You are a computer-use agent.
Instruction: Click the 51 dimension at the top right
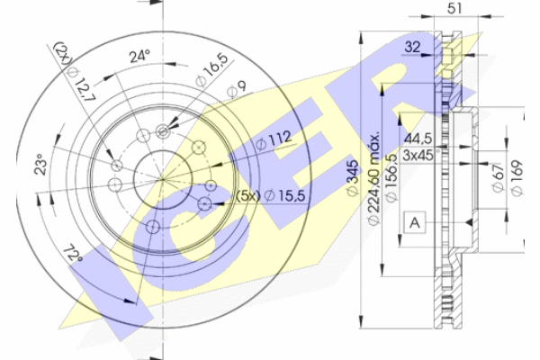click(x=454, y=7)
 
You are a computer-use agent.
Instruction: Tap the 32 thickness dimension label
click(x=412, y=47)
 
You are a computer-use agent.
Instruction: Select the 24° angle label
click(x=139, y=56)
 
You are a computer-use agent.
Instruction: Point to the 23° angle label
click(x=41, y=164)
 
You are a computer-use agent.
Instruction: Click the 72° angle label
click(x=73, y=253)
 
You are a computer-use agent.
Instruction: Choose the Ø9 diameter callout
click(x=237, y=89)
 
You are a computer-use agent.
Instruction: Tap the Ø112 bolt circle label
click(x=274, y=140)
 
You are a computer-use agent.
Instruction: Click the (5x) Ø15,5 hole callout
click(x=271, y=196)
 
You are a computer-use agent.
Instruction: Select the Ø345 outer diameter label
click(x=353, y=178)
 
